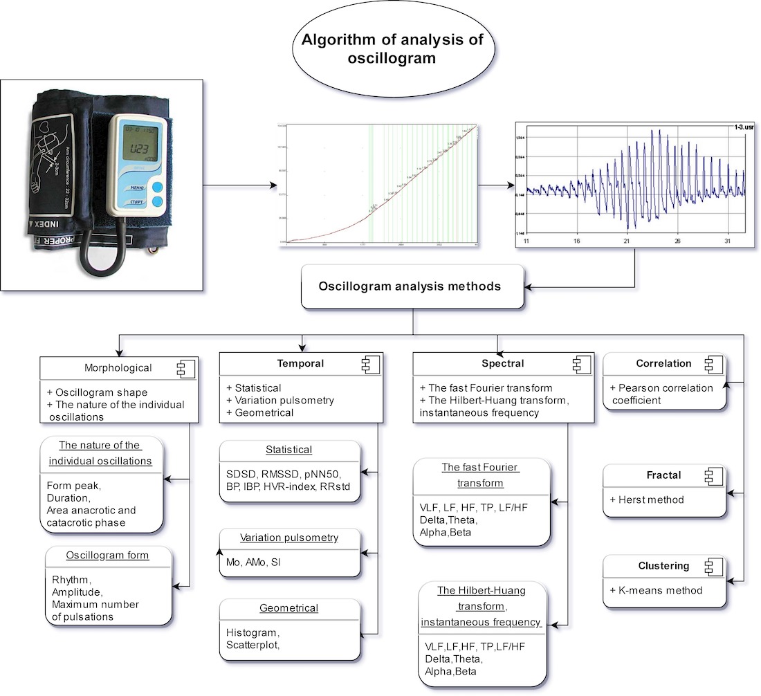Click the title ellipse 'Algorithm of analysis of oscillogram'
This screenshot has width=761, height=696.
(392, 49)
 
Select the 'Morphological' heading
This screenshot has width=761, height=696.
(118, 367)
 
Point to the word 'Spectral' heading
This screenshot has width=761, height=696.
(503, 363)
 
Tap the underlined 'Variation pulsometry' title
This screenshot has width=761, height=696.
(289, 538)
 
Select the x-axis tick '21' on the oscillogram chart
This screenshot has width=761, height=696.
(627, 241)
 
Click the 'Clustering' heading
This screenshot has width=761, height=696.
(663, 566)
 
